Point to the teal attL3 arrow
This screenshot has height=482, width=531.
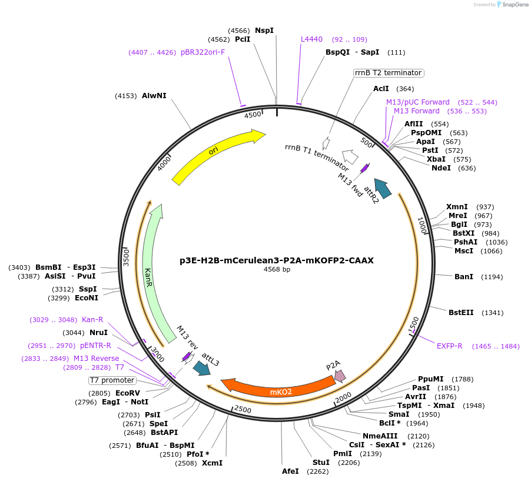pyautogui.click(x=201, y=368)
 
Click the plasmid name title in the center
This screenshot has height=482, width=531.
pyautogui.click(x=277, y=260)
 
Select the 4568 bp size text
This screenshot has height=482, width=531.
pyautogui.click(x=277, y=270)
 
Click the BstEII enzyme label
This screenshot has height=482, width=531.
pyautogui.click(x=461, y=313)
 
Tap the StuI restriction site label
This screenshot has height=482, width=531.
pyautogui.click(x=321, y=463)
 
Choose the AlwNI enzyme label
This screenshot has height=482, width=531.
pyautogui.click(x=154, y=95)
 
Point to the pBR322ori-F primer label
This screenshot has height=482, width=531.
pyautogui.click(x=203, y=52)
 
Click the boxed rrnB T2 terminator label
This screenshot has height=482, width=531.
pyautogui.click(x=389, y=73)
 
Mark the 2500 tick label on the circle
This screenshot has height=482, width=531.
pyautogui.click(x=243, y=409)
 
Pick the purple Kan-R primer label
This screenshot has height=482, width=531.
pyautogui.click(x=92, y=320)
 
